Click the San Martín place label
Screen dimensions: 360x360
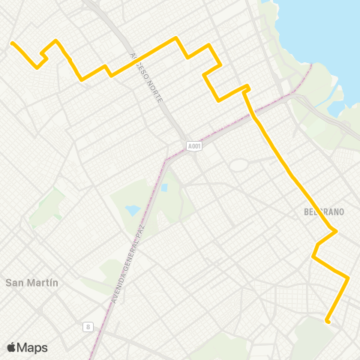pos(31,283)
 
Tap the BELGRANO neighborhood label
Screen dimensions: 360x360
pos(324,212)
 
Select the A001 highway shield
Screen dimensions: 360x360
pos(195,145)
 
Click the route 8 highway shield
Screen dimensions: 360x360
pos(88,326)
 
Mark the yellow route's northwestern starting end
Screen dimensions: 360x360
pos(12,43)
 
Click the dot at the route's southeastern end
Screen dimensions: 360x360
pos(328,322)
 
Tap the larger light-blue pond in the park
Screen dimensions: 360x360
pos(133,211)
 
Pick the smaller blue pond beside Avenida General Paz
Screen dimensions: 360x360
pos(163,187)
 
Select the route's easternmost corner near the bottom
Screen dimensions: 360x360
pos(348,277)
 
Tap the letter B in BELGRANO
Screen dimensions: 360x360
pos(307,212)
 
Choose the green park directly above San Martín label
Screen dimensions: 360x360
pos(50,205)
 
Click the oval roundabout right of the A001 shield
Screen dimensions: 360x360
pos(239,164)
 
